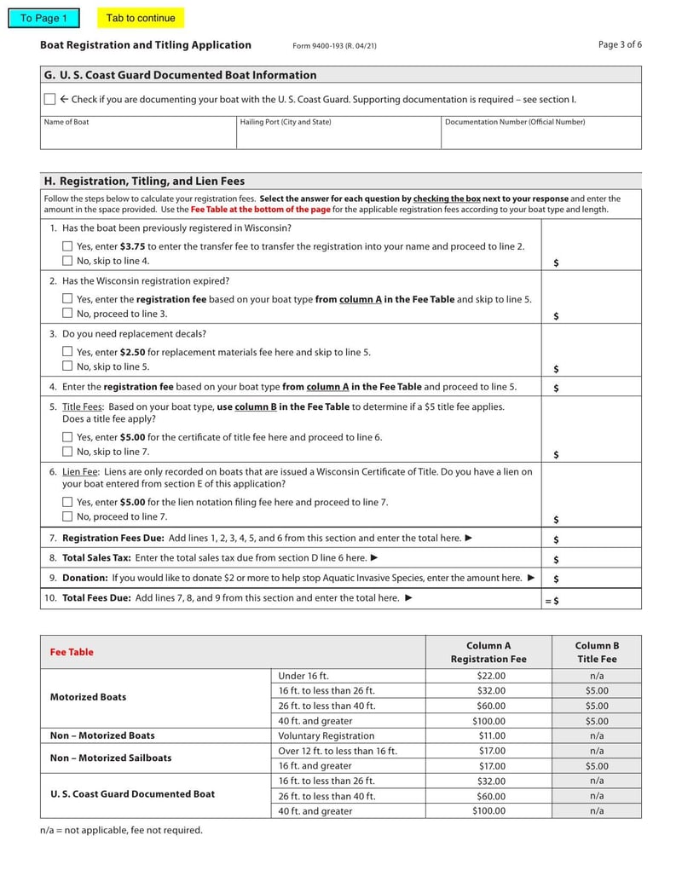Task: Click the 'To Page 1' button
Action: point(43,18)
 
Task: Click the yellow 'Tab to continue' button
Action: point(141,18)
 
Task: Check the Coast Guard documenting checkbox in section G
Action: point(49,100)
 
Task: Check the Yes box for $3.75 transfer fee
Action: point(67,246)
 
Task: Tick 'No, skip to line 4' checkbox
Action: point(67,261)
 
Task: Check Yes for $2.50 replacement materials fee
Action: point(67,352)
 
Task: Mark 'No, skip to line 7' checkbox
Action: point(67,452)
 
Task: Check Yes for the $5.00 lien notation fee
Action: point(67,502)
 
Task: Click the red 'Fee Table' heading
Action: point(72,652)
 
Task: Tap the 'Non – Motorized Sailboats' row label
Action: point(111,758)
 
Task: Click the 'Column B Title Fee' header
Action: point(597,652)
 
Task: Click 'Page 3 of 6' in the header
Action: point(620,44)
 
